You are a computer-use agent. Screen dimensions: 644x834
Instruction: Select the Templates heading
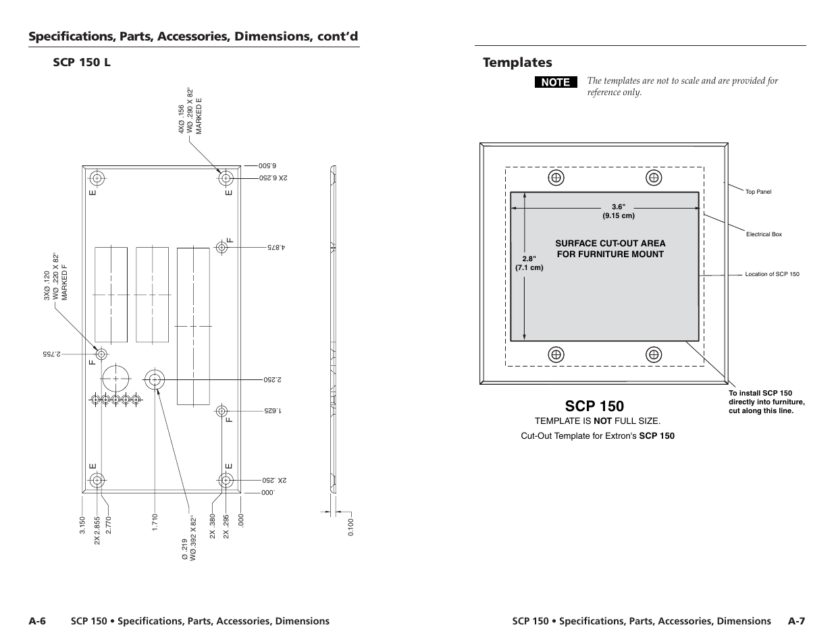pos(517,63)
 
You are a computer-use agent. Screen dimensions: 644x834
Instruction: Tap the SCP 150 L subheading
pos(82,62)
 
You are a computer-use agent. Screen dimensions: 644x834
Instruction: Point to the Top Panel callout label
pos(758,192)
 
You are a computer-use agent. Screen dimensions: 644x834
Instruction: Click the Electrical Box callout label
pos(764,234)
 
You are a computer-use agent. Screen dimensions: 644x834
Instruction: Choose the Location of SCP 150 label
pos(772,274)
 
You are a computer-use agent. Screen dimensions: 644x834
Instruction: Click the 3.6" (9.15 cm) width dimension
pos(619,211)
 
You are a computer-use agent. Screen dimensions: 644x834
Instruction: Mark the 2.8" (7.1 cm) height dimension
pos(529,263)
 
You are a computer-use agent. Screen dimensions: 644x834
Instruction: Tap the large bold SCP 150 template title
pos(595,406)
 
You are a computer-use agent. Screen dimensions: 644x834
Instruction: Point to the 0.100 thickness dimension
pos(351,527)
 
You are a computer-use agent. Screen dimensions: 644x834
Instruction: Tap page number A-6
pos(37,621)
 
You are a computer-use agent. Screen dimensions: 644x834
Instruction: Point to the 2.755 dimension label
pos(51,354)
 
